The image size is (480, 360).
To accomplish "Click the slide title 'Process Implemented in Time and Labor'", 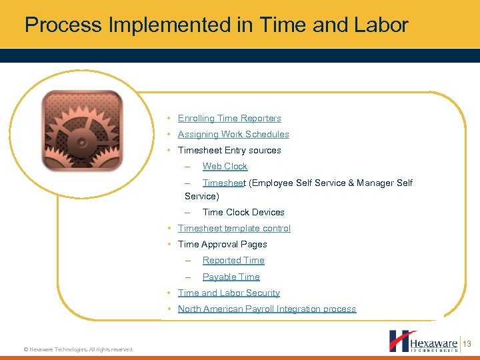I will point(216,25).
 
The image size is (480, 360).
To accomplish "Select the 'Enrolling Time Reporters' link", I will point(229,118).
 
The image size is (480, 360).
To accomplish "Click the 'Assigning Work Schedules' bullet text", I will point(233,134).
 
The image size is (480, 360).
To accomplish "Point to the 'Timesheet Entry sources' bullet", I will point(229,150).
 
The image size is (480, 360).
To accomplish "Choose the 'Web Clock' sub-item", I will point(225,166).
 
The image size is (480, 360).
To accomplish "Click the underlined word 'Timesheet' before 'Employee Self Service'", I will point(224,183).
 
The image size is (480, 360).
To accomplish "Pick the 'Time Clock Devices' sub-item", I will point(243,212).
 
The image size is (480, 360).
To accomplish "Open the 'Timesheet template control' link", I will point(234,228).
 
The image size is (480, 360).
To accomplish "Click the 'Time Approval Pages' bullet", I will point(222,244).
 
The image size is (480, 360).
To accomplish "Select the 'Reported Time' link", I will point(233,260).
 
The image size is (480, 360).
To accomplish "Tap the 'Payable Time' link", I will point(231,277).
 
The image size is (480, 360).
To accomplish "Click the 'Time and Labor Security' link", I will point(229,293).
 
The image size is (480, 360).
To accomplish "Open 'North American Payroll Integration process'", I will point(267,309).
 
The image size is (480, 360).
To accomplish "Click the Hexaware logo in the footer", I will point(423,341).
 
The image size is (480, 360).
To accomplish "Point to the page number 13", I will point(467,344).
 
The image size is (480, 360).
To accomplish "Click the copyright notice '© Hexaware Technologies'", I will point(78,349).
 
